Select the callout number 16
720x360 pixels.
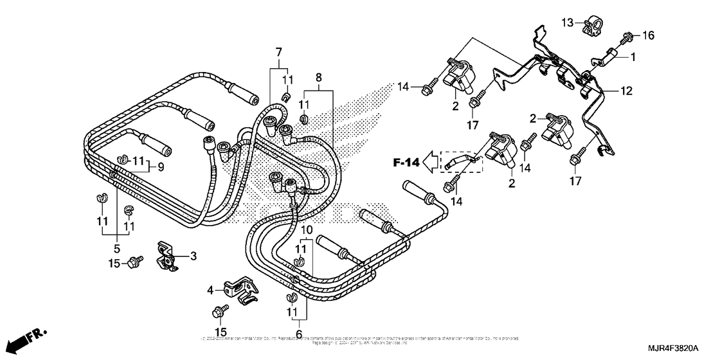(647, 35)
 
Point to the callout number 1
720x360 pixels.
(633, 57)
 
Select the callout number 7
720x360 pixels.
(278, 51)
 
